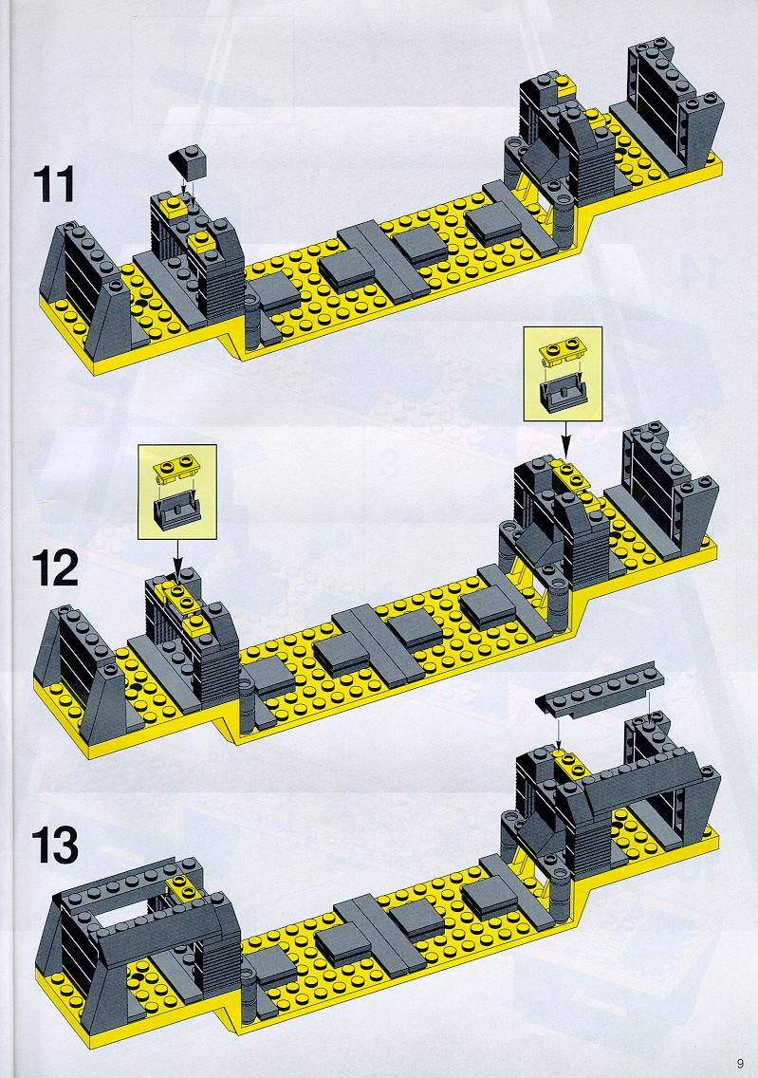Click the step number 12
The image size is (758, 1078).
55,569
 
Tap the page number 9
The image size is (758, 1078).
739,1064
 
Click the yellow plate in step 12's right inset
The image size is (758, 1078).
563,350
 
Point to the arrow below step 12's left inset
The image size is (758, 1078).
177,558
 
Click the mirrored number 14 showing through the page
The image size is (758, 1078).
694,269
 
